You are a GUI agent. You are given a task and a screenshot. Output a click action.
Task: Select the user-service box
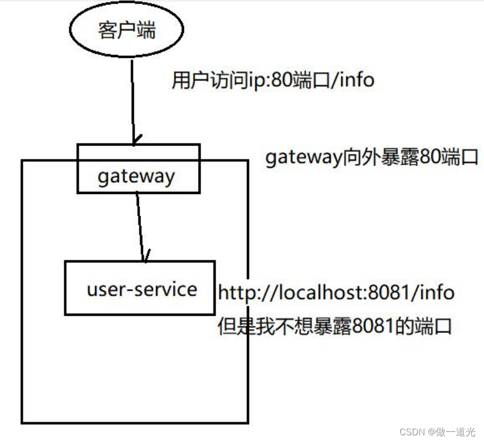click(139, 288)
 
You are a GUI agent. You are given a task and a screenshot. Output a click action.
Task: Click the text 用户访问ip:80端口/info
click(273, 81)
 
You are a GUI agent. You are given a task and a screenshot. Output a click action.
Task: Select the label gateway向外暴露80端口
click(371, 158)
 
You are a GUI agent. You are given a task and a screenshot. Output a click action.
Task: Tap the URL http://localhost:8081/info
click(336, 292)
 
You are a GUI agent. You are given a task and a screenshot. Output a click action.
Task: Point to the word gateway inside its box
click(136, 176)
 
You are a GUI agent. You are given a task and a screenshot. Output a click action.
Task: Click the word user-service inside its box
click(142, 289)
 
